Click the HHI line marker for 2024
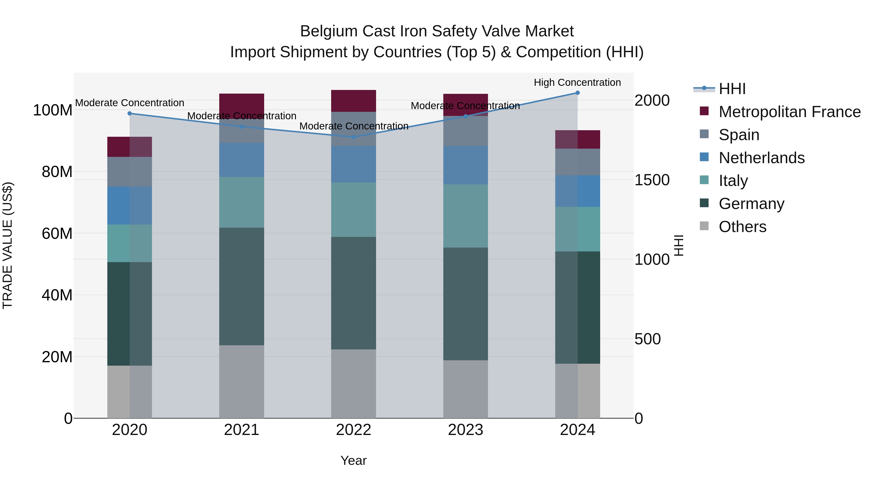pyautogui.click(x=578, y=93)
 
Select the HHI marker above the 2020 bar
pyautogui.click(x=130, y=113)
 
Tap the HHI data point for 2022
pyautogui.click(x=353, y=137)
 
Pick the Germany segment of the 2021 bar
pyautogui.click(x=242, y=286)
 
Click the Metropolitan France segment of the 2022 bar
pyautogui.click(x=353, y=101)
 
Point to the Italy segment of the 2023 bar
pyautogui.click(x=465, y=216)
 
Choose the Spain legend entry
pyautogui.click(x=739, y=135)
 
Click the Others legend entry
pyautogui.click(x=742, y=227)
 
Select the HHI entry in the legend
pyautogui.click(x=732, y=89)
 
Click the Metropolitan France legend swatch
pyautogui.click(x=704, y=111)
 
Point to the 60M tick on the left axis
pyautogui.click(x=57, y=233)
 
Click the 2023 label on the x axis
pyautogui.click(x=465, y=430)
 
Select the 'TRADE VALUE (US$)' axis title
pyautogui.click(x=8, y=245)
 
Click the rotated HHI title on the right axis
pyautogui.click(x=679, y=245)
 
